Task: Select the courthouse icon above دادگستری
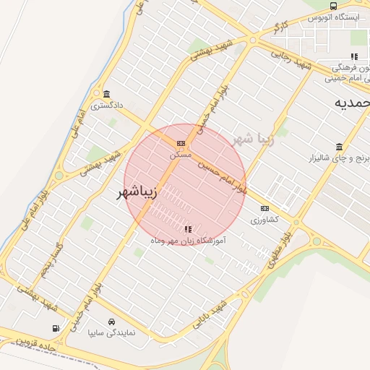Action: click(x=107, y=95)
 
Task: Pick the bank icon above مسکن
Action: click(x=181, y=143)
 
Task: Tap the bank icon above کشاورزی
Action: click(x=264, y=208)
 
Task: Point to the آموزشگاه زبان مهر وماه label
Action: click(x=188, y=239)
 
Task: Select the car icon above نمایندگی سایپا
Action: click(x=111, y=322)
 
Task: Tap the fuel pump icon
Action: click(x=56, y=330)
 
